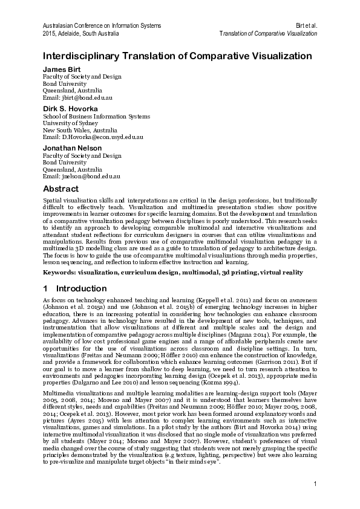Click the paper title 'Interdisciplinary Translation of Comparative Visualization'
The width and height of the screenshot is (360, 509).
click(x=177, y=56)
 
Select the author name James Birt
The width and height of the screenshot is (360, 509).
click(x=61, y=69)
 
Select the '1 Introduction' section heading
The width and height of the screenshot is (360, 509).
click(x=68, y=288)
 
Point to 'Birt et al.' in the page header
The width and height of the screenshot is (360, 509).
click(x=307, y=25)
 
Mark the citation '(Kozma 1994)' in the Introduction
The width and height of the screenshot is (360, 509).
click(x=224, y=383)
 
